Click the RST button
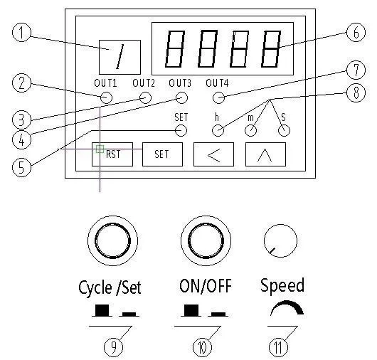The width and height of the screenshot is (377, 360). click(x=112, y=154)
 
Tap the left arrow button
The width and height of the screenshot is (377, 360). click(x=213, y=154)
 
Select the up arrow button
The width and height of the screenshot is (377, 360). click(x=265, y=154)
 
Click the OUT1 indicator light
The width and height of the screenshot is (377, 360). click(x=106, y=98)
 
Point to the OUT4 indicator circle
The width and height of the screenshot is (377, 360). click(x=219, y=98)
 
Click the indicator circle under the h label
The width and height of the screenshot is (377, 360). click(x=218, y=131)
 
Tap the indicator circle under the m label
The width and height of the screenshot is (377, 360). click(x=250, y=131)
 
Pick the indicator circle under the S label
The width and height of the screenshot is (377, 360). click(x=284, y=131)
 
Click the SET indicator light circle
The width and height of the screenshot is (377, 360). click(x=181, y=131)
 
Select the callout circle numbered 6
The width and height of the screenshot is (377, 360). click(x=356, y=32)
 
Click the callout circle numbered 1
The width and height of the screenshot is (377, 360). click(x=21, y=32)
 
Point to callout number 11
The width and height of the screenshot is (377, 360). click(x=278, y=347)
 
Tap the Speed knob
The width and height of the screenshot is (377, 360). click(x=280, y=240)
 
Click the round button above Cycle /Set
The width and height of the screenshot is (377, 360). click(x=112, y=240)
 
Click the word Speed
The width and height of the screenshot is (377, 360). click(x=282, y=285)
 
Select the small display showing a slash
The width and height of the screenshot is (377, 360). click(x=120, y=57)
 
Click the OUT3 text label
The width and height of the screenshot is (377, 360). click(x=180, y=83)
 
